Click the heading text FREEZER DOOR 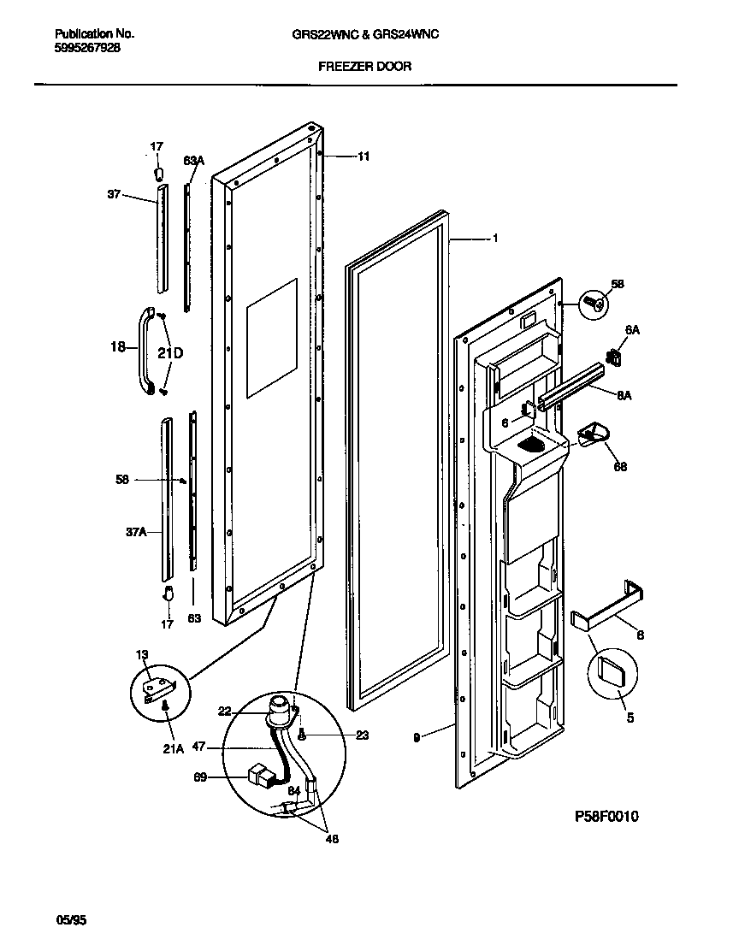pyautogui.click(x=364, y=66)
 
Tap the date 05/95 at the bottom pyautogui.click(x=72, y=920)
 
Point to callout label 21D pyautogui.click(x=169, y=352)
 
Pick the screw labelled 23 pyautogui.click(x=302, y=733)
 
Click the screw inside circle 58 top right pyautogui.click(x=595, y=301)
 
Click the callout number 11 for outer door pyautogui.click(x=364, y=157)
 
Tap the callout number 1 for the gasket pyautogui.click(x=494, y=239)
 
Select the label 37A pyautogui.click(x=135, y=532)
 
